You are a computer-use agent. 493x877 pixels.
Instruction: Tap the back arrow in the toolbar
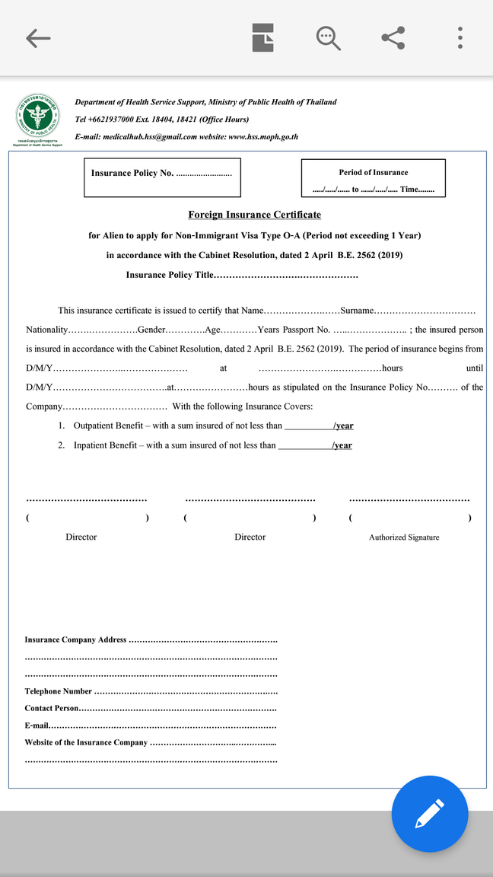pyautogui.click(x=37, y=38)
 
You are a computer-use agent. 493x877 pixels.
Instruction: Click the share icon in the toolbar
pyautogui.click(x=393, y=38)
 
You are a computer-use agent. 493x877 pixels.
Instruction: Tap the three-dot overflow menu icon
pyautogui.click(x=460, y=38)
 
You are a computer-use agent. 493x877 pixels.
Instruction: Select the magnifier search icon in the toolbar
pyautogui.click(x=328, y=38)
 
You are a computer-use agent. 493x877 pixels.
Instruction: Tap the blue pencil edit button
pyautogui.click(x=429, y=814)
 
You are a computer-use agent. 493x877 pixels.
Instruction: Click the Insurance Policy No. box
pyautogui.click(x=162, y=177)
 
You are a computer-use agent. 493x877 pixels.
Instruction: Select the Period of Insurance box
pyautogui.click(x=373, y=178)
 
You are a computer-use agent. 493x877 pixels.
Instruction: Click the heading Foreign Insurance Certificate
pyautogui.click(x=254, y=215)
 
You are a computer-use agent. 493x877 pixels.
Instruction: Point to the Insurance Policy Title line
pyautogui.click(x=241, y=275)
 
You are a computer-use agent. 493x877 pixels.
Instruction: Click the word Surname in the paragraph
pyautogui.click(x=357, y=311)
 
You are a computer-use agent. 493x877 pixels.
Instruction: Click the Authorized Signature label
pyautogui.click(x=404, y=537)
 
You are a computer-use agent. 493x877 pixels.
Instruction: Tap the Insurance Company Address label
pyautogui.click(x=75, y=640)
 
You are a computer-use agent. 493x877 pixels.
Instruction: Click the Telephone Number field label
pyautogui.click(x=59, y=692)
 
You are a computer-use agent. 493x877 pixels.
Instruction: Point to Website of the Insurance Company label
pyautogui.click(x=86, y=742)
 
